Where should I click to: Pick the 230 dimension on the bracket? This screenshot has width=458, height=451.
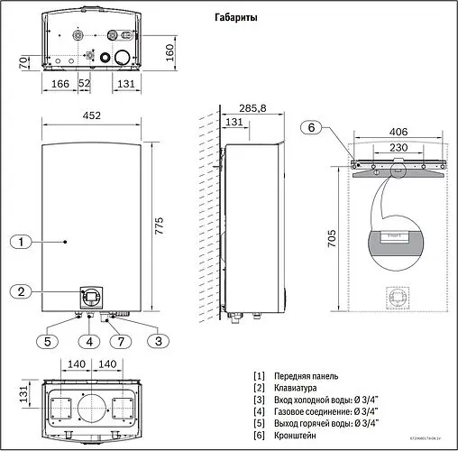tap(397, 148)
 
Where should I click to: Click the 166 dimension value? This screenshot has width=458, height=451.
tap(60, 83)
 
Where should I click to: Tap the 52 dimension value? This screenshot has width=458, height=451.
tap(85, 83)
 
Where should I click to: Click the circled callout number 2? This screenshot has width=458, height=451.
tap(23, 290)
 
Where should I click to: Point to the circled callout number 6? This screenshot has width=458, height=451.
tap(311, 128)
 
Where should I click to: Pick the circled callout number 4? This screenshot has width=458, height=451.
tap(90, 341)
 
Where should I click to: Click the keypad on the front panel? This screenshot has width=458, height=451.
tap(91, 294)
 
